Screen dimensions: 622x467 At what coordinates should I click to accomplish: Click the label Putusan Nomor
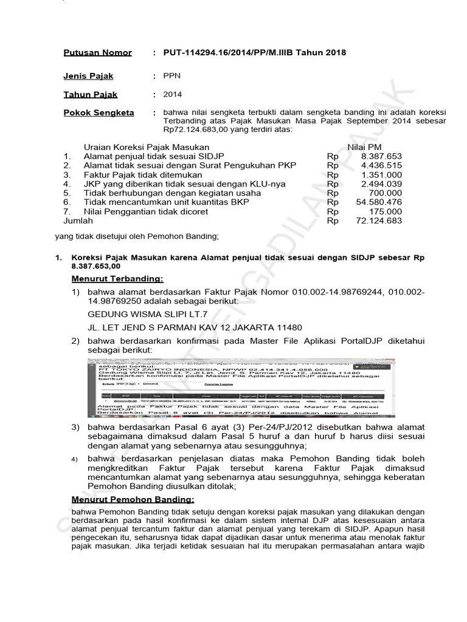coord(97,53)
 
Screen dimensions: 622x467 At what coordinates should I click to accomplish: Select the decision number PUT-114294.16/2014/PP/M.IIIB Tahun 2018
coord(254,53)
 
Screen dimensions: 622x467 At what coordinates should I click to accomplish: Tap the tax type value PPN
coord(172,77)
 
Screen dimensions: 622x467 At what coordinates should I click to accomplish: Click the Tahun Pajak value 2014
coord(173,95)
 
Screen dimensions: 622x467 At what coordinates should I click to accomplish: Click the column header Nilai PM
coord(364,147)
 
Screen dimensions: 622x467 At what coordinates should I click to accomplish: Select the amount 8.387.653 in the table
coord(381,157)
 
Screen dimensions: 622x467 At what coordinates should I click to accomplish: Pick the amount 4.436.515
coord(381,166)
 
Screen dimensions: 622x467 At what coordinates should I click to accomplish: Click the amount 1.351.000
coord(381,175)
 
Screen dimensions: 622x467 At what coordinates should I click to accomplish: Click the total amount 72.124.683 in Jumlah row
coord(378,221)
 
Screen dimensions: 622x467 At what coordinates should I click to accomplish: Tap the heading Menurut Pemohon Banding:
coord(133,499)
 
